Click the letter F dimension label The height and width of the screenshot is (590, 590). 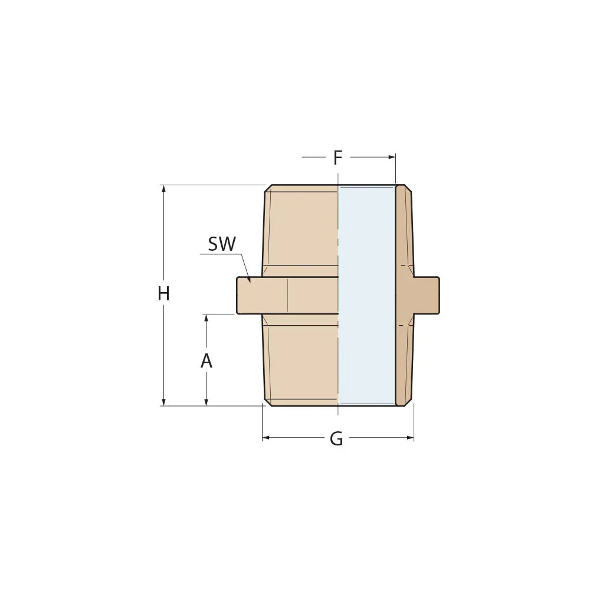point(337,158)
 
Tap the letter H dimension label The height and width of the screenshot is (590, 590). point(163,294)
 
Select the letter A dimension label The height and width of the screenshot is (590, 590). point(206,361)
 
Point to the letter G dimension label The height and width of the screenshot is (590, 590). point(336,438)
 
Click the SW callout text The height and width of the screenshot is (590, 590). point(222,244)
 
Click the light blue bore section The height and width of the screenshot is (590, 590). point(366,295)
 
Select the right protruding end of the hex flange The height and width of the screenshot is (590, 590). point(427,295)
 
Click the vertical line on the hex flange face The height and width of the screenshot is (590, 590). point(287,295)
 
